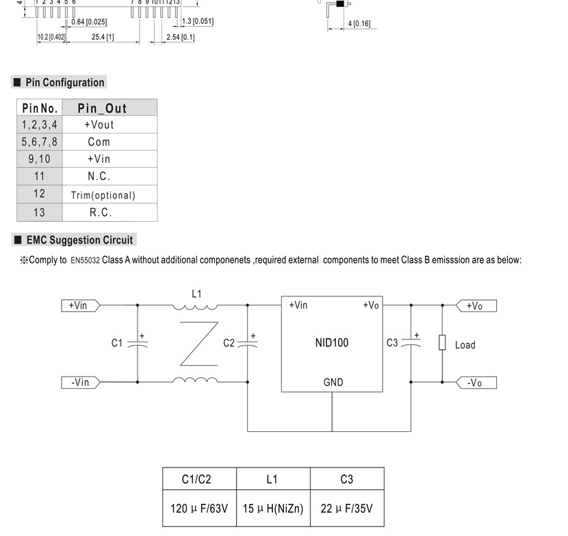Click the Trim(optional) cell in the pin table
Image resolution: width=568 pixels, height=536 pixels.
point(109,194)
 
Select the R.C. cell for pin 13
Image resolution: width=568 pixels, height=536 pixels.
point(109,212)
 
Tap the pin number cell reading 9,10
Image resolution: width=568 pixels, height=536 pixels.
point(40,159)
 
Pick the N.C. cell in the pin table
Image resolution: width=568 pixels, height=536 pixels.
point(109,177)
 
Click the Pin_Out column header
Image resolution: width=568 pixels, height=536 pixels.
point(109,107)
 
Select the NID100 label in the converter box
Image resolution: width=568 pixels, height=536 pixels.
point(332,342)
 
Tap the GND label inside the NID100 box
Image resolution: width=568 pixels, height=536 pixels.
point(333,382)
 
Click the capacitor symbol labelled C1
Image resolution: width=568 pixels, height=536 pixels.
point(138,343)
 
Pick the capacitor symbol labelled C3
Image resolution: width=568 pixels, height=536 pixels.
point(411,342)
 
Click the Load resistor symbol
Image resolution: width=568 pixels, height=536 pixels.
point(442,342)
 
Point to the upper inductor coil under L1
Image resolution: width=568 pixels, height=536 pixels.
point(195,307)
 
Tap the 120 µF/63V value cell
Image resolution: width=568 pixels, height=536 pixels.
point(199,508)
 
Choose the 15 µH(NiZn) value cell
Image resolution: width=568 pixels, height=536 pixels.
point(273,508)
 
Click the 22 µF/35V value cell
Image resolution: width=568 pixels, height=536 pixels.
point(347,508)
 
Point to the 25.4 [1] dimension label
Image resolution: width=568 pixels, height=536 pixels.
point(103,37)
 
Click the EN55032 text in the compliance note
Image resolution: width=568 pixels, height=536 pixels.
point(85,261)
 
